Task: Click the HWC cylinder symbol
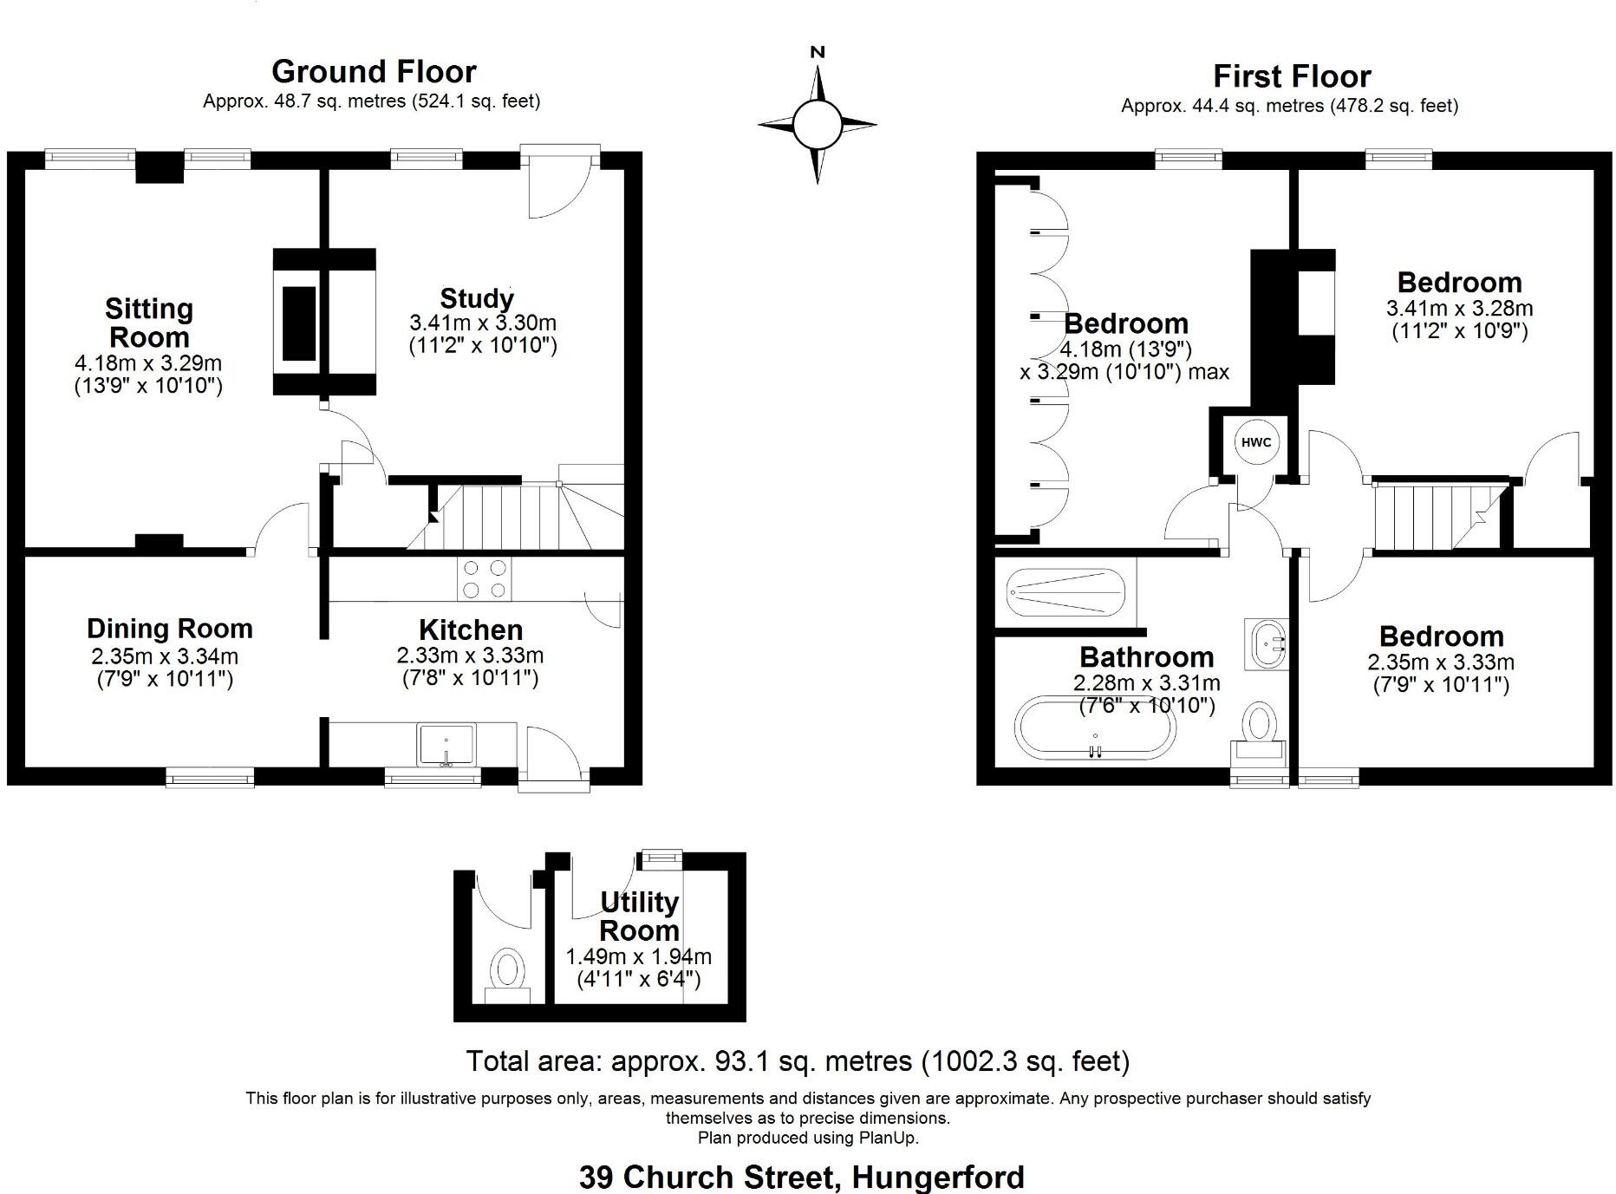tap(1256, 442)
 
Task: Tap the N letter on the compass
tap(817, 52)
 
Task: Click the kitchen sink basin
tap(446, 744)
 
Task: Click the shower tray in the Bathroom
tap(1065, 593)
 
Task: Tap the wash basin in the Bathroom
tap(1266, 644)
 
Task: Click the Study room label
tap(477, 298)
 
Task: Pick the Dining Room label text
tap(170, 629)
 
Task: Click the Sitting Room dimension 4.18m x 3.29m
tap(148, 363)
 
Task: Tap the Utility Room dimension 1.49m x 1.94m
tap(639, 957)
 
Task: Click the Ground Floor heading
tap(374, 71)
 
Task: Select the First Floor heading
tap(1292, 76)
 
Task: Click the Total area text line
tap(798, 1061)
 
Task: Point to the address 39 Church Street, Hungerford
tap(802, 1178)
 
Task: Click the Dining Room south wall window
tap(211, 778)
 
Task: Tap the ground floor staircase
tap(512, 517)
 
